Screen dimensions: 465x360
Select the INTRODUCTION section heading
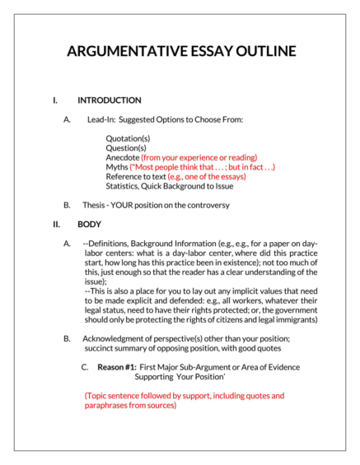point(109,100)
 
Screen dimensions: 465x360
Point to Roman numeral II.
point(57,224)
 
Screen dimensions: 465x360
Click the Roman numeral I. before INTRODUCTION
point(55,100)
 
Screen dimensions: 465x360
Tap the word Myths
point(117,167)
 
